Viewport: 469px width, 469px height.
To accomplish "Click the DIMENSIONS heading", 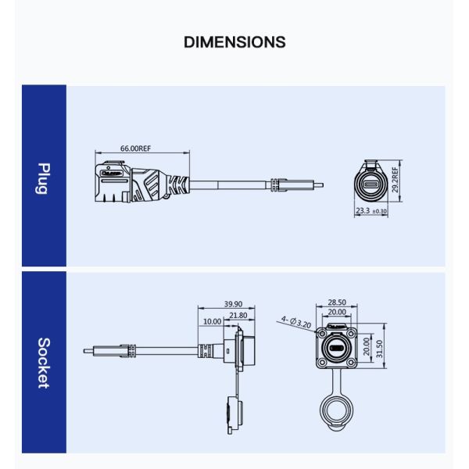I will click(234, 42).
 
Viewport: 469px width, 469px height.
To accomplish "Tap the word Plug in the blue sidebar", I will click(44, 178).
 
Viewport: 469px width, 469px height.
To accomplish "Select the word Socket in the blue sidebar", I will click(44, 363).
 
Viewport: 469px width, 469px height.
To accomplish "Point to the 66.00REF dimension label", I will click(135, 148).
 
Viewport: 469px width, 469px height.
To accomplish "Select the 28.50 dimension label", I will click(338, 302).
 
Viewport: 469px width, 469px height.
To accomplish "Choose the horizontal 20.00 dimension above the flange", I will click(338, 312).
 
